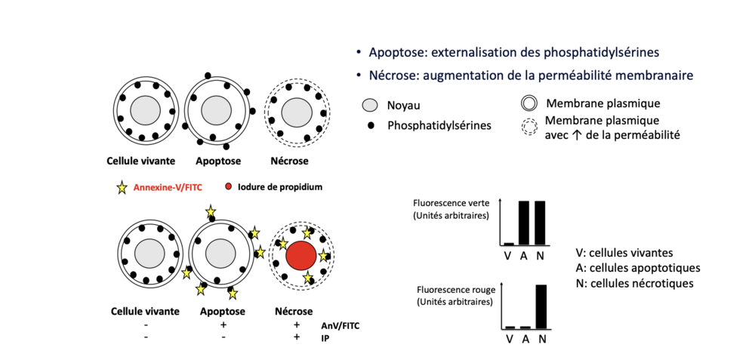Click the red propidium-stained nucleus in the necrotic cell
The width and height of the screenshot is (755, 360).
[x=300, y=257]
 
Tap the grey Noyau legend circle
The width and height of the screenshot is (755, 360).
[x=369, y=105]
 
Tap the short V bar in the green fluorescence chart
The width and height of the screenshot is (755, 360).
[x=509, y=244]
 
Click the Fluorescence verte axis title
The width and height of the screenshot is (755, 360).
[x=451, y=202]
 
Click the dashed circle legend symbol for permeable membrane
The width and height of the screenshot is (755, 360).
[x=529, y=128]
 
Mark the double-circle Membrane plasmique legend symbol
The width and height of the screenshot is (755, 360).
[x=529, y=103]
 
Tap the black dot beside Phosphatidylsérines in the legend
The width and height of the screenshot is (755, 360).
[x=369, y=124]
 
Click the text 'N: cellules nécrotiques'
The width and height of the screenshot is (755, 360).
[x=633, y=283]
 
